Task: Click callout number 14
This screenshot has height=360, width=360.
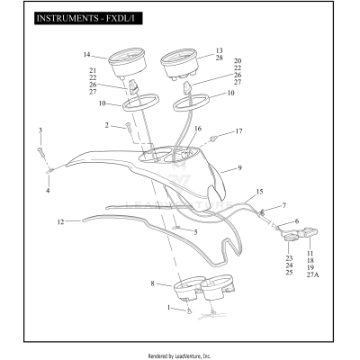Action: pyautogui.click(x=86, y=55)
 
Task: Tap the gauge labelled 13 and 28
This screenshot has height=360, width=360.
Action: pyautogui.click(x=179, y=64)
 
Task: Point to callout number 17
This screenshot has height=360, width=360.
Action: pyautogui.click(x=238, y=131)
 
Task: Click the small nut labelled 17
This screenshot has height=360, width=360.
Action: pyautogui.click(x=213, y=139)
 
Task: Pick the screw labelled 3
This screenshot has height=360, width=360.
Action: pyautogui.click(x=40, y=152)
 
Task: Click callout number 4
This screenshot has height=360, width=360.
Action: pyautogui.click(x=48, y=191)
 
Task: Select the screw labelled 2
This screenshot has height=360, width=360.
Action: pyautogui.click(x=128, y=126)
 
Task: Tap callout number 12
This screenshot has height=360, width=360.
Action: pyautogui.click(x=60, y=222)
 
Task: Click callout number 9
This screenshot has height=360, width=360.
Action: pyautogui.click(x=239, y=168)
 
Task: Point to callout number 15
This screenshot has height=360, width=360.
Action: pyautogui.click(x=259, y=192)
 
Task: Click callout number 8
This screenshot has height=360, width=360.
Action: pyautogui.click(x=152, y=283)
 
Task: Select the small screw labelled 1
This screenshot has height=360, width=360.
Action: pyautogui.click(x=189, y=311)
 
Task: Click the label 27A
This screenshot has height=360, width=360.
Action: pyautogui.click(x=312, y=274)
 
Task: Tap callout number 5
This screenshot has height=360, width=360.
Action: pyautogui.click(x=195, y=232)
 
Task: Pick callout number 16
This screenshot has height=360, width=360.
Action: pyautogui.click(x=198, y=129)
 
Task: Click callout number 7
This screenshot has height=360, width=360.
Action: pyautogui.click(x=284, y=205)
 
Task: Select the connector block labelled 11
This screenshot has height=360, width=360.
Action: pyautogui.click(x=308, y=232)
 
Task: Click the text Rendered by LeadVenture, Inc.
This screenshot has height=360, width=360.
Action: pyautogui.click(x=179, y=356)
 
